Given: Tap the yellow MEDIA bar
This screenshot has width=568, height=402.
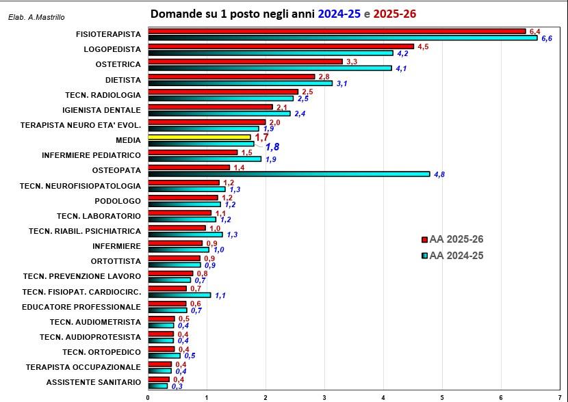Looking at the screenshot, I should [199, 137].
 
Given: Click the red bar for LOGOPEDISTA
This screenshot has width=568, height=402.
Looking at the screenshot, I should [281, 46].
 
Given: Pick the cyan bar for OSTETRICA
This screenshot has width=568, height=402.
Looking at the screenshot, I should [270, 68].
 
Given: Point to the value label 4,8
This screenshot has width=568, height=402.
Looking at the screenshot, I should [439, 174].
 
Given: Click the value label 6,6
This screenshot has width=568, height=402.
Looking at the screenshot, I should [547, 39].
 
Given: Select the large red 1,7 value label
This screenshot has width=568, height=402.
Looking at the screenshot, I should [261, 137].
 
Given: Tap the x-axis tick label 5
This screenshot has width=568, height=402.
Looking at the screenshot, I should [442, 397].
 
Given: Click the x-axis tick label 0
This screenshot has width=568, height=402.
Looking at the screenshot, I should [149, 397].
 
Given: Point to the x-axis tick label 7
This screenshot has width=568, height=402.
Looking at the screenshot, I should [559, 397].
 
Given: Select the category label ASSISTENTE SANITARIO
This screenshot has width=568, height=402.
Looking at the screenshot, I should [94, 381].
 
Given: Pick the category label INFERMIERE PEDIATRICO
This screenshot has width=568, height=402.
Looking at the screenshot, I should [91, 155].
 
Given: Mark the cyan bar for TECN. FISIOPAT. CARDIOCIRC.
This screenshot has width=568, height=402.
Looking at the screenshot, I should [179, 295].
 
